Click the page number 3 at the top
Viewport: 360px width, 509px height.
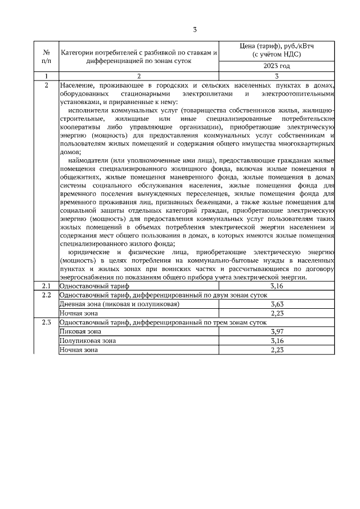[x=195, y=30]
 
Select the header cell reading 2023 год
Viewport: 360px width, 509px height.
[x=276, y=66]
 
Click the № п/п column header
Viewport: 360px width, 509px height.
[x=46, y=55]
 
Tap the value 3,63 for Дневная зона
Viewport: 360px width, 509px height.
[x=276, y=304]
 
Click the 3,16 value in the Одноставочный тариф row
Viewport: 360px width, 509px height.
[x=276, y=286]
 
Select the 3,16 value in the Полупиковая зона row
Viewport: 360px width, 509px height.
[x=276, y=340]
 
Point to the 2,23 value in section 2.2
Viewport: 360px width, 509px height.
[x=276, y=313]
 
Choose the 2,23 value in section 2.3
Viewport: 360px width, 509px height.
[x=276, y=349]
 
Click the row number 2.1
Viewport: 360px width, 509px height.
[x=46, y=286]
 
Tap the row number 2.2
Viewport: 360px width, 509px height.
[x=46, y=295]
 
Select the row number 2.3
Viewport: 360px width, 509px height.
[x=46, y=322]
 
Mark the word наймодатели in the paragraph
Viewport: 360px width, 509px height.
[x=88, y=160]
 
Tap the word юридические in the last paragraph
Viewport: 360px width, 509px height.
[x=89, y=253]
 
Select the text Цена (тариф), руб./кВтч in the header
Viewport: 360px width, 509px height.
[x=276, y=46]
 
